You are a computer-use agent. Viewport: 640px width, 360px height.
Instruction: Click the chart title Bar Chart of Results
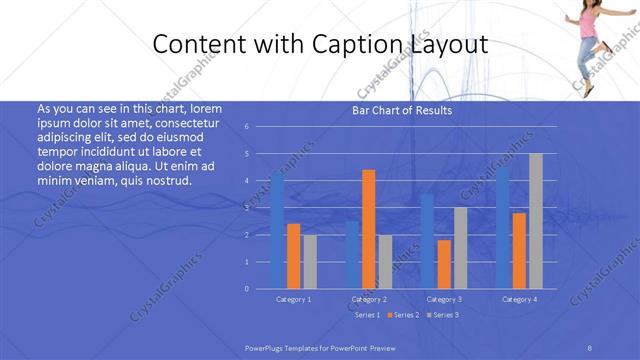tap(401, 111)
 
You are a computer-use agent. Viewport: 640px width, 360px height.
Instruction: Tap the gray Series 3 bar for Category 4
tap(535, 221)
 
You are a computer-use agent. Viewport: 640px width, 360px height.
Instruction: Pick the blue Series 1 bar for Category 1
tap(277, 231)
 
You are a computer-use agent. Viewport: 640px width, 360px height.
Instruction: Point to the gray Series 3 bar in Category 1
tap(309, 261)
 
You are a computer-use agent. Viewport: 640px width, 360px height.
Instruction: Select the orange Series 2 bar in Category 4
tap(519, 250)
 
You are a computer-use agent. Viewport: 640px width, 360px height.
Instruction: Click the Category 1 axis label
tap(293, 299)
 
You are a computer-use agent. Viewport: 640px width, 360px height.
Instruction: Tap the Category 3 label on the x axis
tap(443, 299)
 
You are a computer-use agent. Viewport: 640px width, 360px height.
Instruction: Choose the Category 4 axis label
tap(519, 299)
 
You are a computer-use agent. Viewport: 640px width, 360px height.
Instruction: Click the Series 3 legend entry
tap(444, 315)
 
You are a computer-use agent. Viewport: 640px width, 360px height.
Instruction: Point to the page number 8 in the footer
tap(590, 346)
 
